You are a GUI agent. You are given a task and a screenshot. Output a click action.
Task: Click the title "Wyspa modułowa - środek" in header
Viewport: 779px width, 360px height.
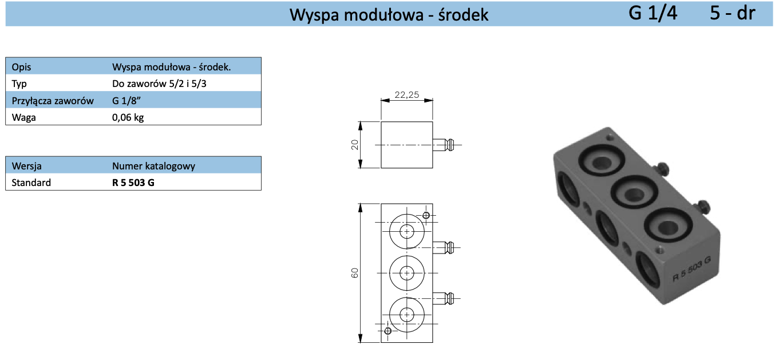coord(389,14)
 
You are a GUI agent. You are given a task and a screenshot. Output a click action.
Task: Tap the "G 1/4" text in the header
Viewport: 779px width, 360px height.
coord(653,13)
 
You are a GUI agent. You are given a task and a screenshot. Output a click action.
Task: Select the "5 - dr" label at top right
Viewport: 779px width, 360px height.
coord(733,13)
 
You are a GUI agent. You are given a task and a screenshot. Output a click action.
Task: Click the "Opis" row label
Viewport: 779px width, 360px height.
coord(22,66)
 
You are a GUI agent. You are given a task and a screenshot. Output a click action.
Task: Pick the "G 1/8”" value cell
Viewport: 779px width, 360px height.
coord(128,101)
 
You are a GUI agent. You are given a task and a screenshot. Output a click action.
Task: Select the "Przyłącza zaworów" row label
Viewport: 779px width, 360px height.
coord(53,101)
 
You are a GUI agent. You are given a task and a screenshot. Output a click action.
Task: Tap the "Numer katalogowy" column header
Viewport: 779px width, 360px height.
coord(153,166)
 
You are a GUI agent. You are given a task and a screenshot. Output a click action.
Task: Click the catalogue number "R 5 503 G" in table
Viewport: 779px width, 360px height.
coord(133,183)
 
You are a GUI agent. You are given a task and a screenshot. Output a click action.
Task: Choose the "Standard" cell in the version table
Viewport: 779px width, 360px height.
coord(31,183)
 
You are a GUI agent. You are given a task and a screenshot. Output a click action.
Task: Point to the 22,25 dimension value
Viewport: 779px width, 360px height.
coord(406,95)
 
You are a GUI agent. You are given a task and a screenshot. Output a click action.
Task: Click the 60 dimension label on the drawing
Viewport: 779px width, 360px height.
coord(355,273)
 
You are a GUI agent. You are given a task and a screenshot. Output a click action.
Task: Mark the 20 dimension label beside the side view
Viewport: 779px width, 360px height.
coord(355,145)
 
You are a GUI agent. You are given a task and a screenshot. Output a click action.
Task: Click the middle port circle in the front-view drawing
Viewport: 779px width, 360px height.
coord(407,273)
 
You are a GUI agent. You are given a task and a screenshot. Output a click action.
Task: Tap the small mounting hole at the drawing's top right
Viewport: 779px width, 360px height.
coord(426,215)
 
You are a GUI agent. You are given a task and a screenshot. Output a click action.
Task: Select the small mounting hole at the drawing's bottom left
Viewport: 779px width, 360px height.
coord(388,331)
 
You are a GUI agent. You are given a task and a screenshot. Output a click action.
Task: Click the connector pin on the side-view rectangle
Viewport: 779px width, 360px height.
coord(444,145)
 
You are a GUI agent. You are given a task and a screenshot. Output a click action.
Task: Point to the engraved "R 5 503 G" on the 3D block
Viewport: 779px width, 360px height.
coord(691,268)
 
